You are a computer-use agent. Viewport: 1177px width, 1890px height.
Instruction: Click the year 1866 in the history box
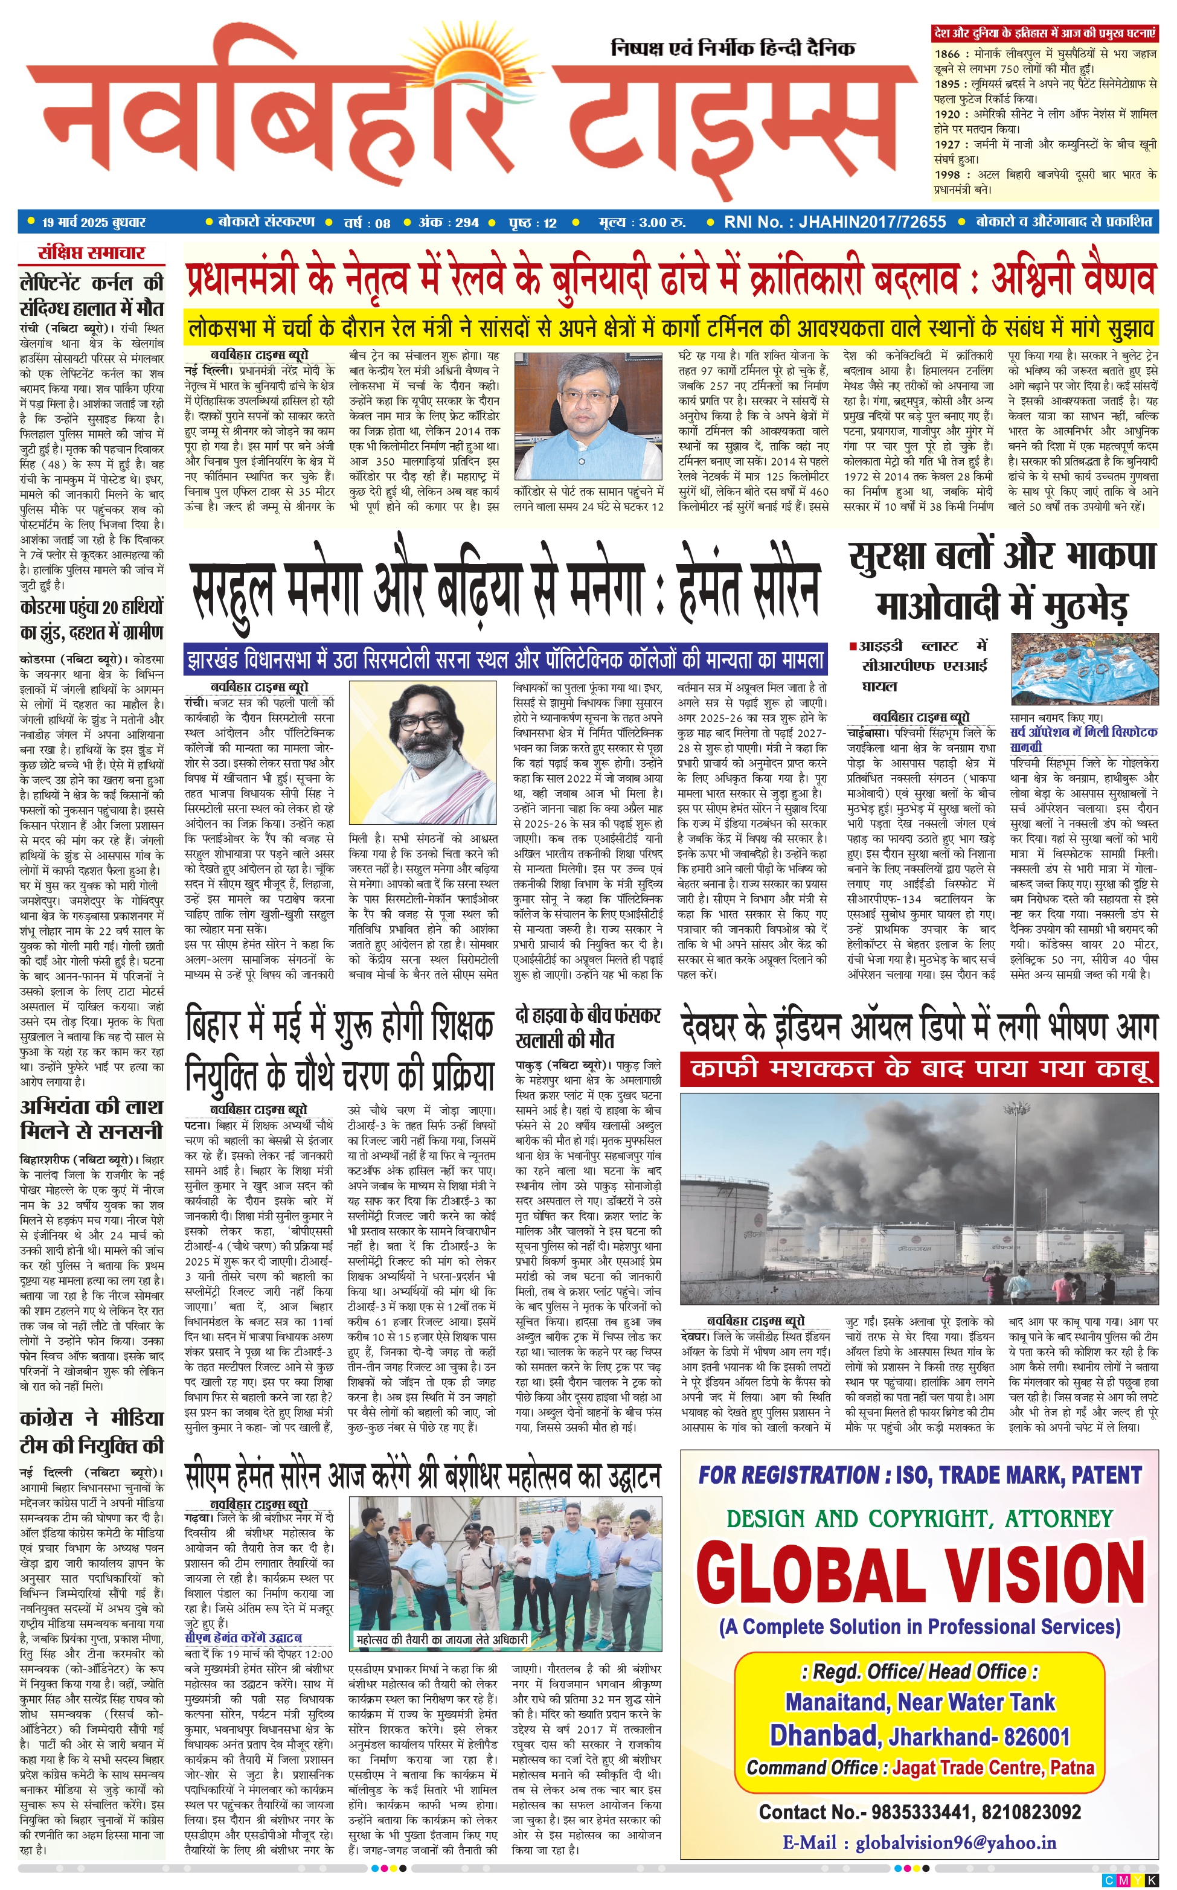(948, 54)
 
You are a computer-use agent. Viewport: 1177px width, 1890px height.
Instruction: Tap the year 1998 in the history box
(948, 175)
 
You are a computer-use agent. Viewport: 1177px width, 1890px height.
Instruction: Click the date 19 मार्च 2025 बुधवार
(94, 223)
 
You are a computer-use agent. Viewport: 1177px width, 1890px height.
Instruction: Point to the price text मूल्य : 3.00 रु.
(641, 223)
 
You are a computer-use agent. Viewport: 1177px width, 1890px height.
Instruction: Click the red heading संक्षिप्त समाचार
(92, 253)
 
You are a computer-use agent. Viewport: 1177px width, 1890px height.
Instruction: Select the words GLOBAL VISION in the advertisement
(920, 1574)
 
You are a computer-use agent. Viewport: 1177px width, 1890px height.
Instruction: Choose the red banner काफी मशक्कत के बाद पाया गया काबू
(919, 1069)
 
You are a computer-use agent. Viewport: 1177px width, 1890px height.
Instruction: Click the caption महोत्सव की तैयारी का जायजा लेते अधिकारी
(441, 1639)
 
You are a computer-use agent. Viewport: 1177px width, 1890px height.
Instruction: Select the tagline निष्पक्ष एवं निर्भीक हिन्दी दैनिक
(733, 49)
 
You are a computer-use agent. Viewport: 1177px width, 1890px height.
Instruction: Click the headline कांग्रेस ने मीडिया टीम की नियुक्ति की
(92, 1432)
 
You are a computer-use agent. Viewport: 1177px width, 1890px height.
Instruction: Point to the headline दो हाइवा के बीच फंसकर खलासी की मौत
(588, 1028)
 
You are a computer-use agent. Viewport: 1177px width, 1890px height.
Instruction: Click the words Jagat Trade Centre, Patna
(993, 1768)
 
